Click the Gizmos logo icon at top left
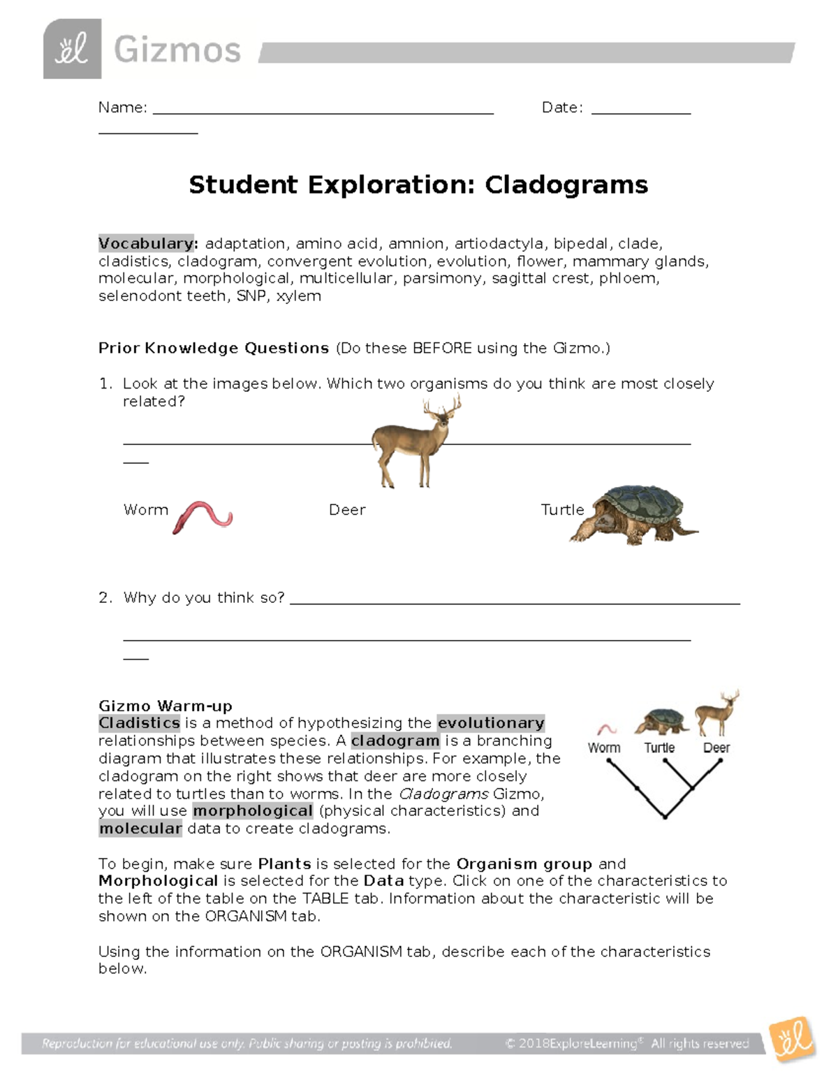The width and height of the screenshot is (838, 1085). [x=72, y=50]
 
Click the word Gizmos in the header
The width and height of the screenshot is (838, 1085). [x=177, y=50]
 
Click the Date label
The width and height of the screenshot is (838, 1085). [x=561, y=108]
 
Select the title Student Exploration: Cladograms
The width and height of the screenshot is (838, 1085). [x=418, y=185]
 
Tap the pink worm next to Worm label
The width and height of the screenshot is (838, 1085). [x=203, y=516]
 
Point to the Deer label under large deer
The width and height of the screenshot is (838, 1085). [x=347, y=510]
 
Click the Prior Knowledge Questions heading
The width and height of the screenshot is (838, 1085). [x=214, y=348]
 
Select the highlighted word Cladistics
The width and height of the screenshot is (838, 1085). [x=140, y=723]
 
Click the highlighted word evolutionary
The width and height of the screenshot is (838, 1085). [x=491, y=723]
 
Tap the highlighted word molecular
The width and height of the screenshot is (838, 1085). [x=140, y=829]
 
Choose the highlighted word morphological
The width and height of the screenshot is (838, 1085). [x=253, y=811]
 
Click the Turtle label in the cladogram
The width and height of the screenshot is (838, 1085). [x=659, y=748]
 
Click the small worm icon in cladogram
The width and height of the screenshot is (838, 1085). [x=607, y=729]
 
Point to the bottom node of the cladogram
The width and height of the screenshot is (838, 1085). [x=665, y=817]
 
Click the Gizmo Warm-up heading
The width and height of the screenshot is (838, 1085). [x=166, y=706]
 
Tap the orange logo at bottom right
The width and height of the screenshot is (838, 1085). [x=792, y=1040]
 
